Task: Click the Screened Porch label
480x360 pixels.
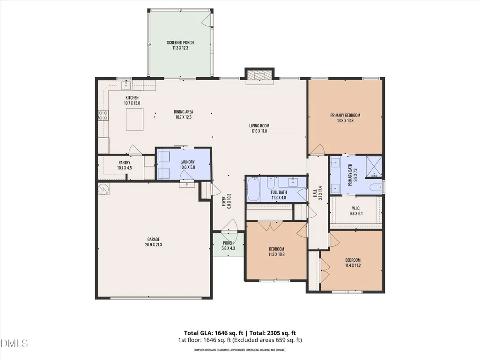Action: coord(180,43)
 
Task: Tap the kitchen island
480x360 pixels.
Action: coord(135,119)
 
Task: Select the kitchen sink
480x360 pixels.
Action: coord(126,85)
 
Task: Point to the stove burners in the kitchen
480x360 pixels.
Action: coord(103,115)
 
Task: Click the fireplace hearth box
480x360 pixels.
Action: coord(259,76)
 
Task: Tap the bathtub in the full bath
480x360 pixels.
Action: coord(254,189)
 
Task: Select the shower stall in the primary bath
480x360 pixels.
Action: coord(374,167)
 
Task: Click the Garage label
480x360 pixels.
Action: coord(154,239)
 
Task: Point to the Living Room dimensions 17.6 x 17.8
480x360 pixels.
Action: coord(259,131)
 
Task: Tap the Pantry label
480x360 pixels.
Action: coord(124,162)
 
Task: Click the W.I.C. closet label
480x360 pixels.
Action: coord(356,208)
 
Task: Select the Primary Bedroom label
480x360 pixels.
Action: coord(345,116)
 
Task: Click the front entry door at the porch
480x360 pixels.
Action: coord(229,227)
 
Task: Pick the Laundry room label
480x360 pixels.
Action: coord(187,162)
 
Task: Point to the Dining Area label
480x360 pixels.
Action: coord(184,112)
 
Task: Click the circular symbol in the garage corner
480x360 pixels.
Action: coord(103,189)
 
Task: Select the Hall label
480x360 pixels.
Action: coord(315,193)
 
